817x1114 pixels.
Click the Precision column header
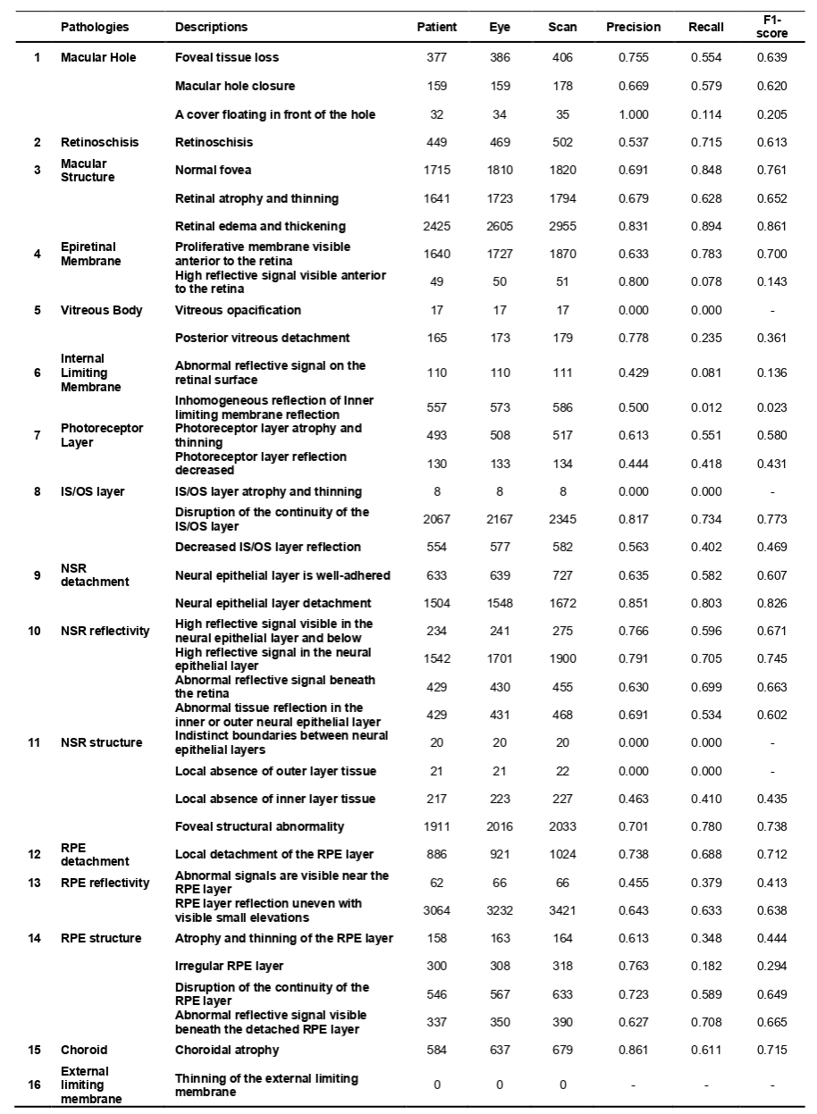pos(633,27)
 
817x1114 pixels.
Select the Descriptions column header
pos(211,27)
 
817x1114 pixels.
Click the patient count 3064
pos(436,910)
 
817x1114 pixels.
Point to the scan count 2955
pos(562,226)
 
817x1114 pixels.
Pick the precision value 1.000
pos(633,114)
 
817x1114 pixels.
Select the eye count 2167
pos(499,519)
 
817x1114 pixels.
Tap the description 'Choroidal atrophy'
pos(227,1050)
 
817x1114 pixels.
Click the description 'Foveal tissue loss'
pos(227,57)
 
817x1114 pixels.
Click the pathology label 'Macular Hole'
pos(98,57)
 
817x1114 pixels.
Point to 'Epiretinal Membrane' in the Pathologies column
pos(88,254)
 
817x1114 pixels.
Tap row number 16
pos(37,1085)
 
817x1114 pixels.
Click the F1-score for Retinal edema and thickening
pos(770,226)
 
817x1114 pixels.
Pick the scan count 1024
pos(562,854)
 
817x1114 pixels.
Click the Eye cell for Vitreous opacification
pos(499,310)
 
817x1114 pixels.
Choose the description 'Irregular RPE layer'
pos(230,966)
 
